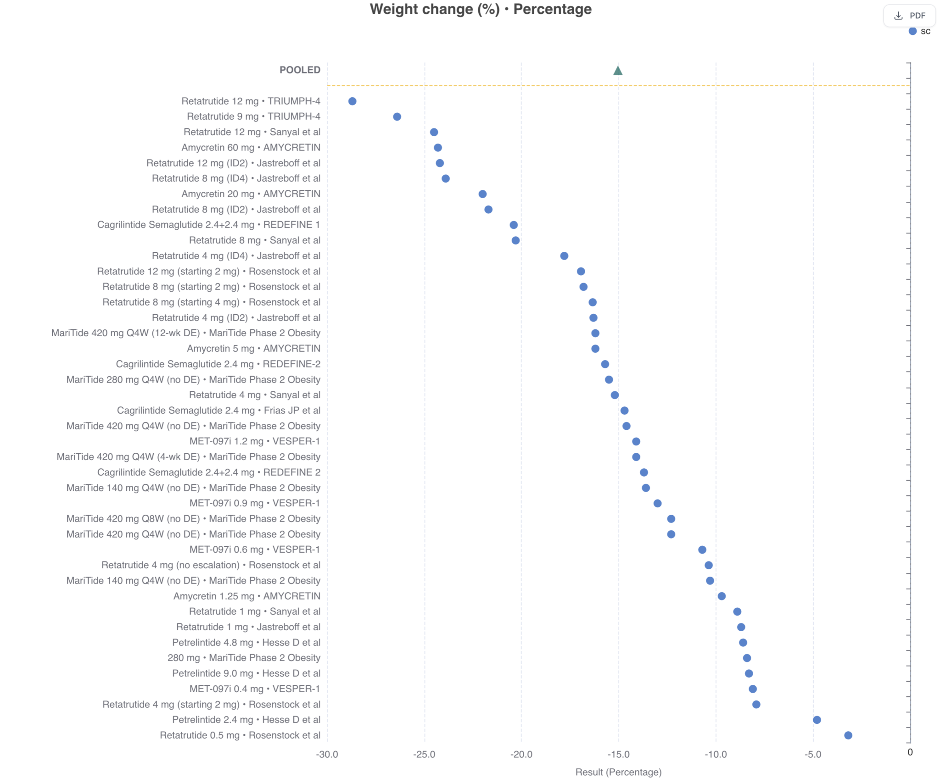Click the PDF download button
coord(909,16)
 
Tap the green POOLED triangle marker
coord(618,71)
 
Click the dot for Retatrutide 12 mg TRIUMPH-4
coord(352,101)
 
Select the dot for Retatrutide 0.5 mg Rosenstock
coord(848,735)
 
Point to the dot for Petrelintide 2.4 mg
coord(817,720)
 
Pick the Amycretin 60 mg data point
coord(438,148)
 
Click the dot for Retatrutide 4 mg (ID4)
coord(564,256)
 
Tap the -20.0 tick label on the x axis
coord(521,755)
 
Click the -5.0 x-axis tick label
coord(813,755)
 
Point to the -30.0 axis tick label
coord(327,755)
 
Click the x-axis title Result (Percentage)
coord(618,772)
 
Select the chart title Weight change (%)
coord(481,9)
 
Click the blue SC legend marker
coord(912,31)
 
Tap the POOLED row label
coord(300,70)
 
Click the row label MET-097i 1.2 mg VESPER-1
coord(255,441)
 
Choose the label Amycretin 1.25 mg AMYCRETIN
coord(247,596)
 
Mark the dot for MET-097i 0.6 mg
coord(702,550)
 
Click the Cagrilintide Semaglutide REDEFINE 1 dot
coord(514,225)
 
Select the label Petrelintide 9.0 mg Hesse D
coord(246,673)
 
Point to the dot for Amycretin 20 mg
coord(482,194)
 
